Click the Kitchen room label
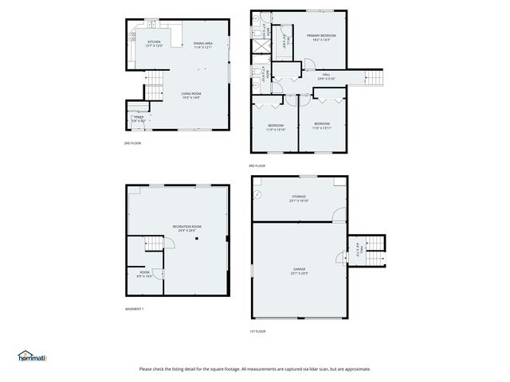click(x=154, y=44)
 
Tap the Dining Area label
click(x=203, y=45)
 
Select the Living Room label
click(x=191, y=95)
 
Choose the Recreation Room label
click(x=186, y=228)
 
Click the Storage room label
click(x=298, y=198)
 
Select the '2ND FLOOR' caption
click(x=132, y=143)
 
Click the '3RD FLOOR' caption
click(x=257, y=166)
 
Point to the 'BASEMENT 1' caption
click(x=135, y=309)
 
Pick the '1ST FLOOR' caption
click(x=257, y=331)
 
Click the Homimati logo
click(x=33, y=357)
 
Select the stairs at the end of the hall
click(x=374, y=78)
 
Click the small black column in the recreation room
click(x=226, y=238)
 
